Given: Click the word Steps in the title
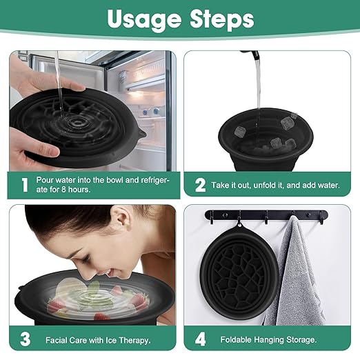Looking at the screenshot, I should tap(220, 21).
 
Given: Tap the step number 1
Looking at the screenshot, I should tap(24, 185).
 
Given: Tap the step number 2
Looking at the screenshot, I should tap(201, 185).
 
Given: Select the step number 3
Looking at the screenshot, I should tap(24, 339).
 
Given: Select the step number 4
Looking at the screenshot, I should tap(201, 339).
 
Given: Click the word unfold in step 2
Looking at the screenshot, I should tap(273, 185).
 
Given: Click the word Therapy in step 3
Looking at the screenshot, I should tap(134, 340).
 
